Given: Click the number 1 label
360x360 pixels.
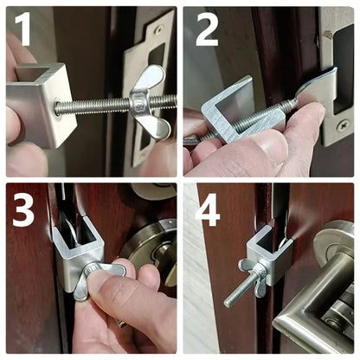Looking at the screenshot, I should click(23, 29).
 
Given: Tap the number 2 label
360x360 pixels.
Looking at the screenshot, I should click(208, 29).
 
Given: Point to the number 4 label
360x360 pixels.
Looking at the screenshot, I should click(208, 209).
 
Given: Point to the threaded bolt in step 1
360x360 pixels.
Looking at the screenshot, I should click(100, 106).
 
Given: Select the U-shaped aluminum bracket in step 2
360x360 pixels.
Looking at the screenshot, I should click(228, 107).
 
